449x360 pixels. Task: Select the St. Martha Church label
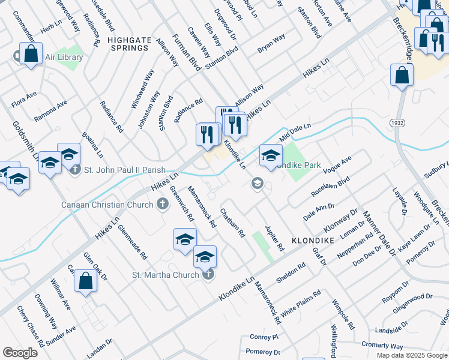[x=165, y=275]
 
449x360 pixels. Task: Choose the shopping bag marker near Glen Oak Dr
[x=86, y=281]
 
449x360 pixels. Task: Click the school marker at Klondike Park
[x=271, y=155]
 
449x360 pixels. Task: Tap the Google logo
[x=20, y=353]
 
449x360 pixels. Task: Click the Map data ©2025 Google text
[x=411, y=355]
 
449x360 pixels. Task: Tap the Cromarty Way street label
[x=383, y=346]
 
